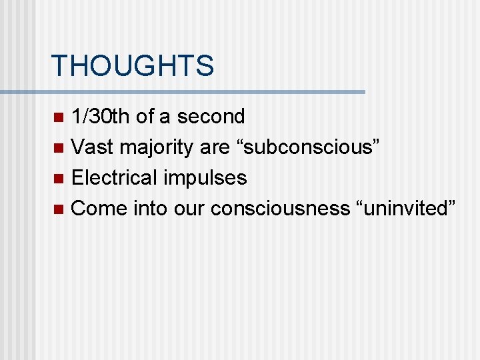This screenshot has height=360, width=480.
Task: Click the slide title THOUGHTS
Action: (x=132, y=66)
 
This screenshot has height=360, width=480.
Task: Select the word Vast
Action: (x=91, y=147)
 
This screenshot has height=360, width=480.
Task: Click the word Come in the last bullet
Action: (x=99, y=209)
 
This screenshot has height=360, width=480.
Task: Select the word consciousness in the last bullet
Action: (x=279, y=209)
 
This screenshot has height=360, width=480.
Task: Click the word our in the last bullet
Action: (x=189, y=209)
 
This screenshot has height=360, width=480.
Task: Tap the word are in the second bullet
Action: (x=213, y=148)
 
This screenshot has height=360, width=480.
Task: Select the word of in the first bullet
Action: (x=145, y=117)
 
